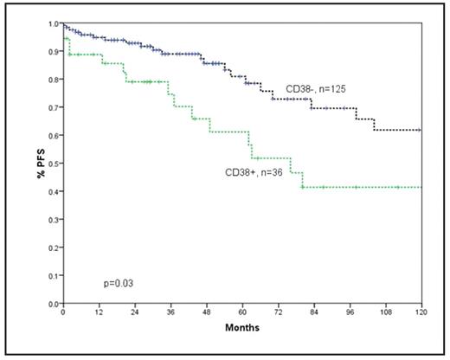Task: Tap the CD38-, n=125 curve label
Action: tap(318, 89)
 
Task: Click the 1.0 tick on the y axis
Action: tap(54, 23)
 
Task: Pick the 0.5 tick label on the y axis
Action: tap(54, 164)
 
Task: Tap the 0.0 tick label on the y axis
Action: tap(54, 305)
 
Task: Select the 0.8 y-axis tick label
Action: tap(54, 80)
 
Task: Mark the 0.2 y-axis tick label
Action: tap(54, 248)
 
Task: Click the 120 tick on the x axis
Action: tap(421, 313)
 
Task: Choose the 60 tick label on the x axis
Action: tap(242, 313)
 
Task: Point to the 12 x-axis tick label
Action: tap(99, 313)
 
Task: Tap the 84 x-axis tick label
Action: tap(314, 313)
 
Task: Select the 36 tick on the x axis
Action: tap(170, 313)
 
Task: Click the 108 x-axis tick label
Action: tap(386, 313)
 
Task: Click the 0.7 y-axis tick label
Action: tap(54, 107)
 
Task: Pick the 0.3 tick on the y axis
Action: tap(54, 220)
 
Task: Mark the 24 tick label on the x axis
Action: tap(135, 313)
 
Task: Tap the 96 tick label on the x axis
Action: tap(350, 313)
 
